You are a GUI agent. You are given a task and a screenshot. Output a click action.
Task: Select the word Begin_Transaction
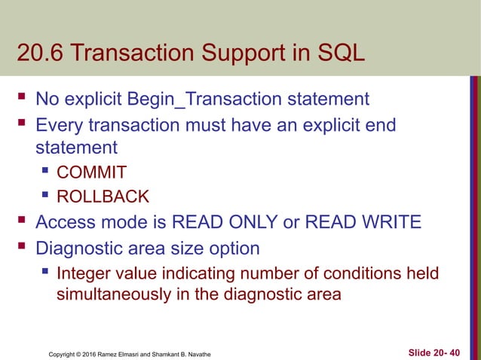pos(205,99)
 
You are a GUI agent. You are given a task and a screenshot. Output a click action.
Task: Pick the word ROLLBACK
pos(103,197)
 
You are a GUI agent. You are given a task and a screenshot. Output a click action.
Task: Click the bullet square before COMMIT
pos(46,172)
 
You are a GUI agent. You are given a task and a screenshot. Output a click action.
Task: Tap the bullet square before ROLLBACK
pos(46,197)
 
